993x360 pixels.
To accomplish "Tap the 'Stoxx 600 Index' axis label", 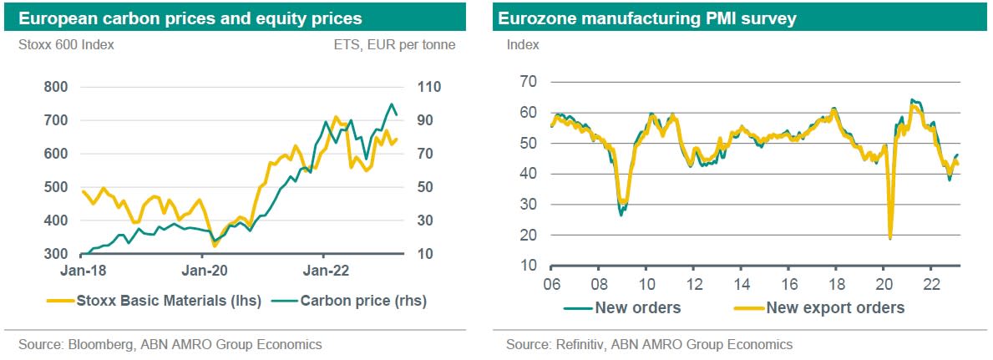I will [66, 45].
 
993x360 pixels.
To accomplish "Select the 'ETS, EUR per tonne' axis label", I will [404, 45].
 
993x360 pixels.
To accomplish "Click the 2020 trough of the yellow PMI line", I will [890, 238].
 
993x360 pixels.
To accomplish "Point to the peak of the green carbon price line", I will [391, 104].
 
